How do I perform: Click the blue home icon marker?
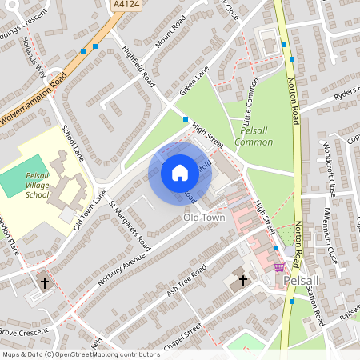[x=180, y=173]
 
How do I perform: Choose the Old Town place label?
[x=204, y=217]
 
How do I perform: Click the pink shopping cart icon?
[x=278, y=267]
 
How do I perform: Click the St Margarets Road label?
[x=130, y=225]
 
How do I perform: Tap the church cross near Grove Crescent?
[x=45, y=282]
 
